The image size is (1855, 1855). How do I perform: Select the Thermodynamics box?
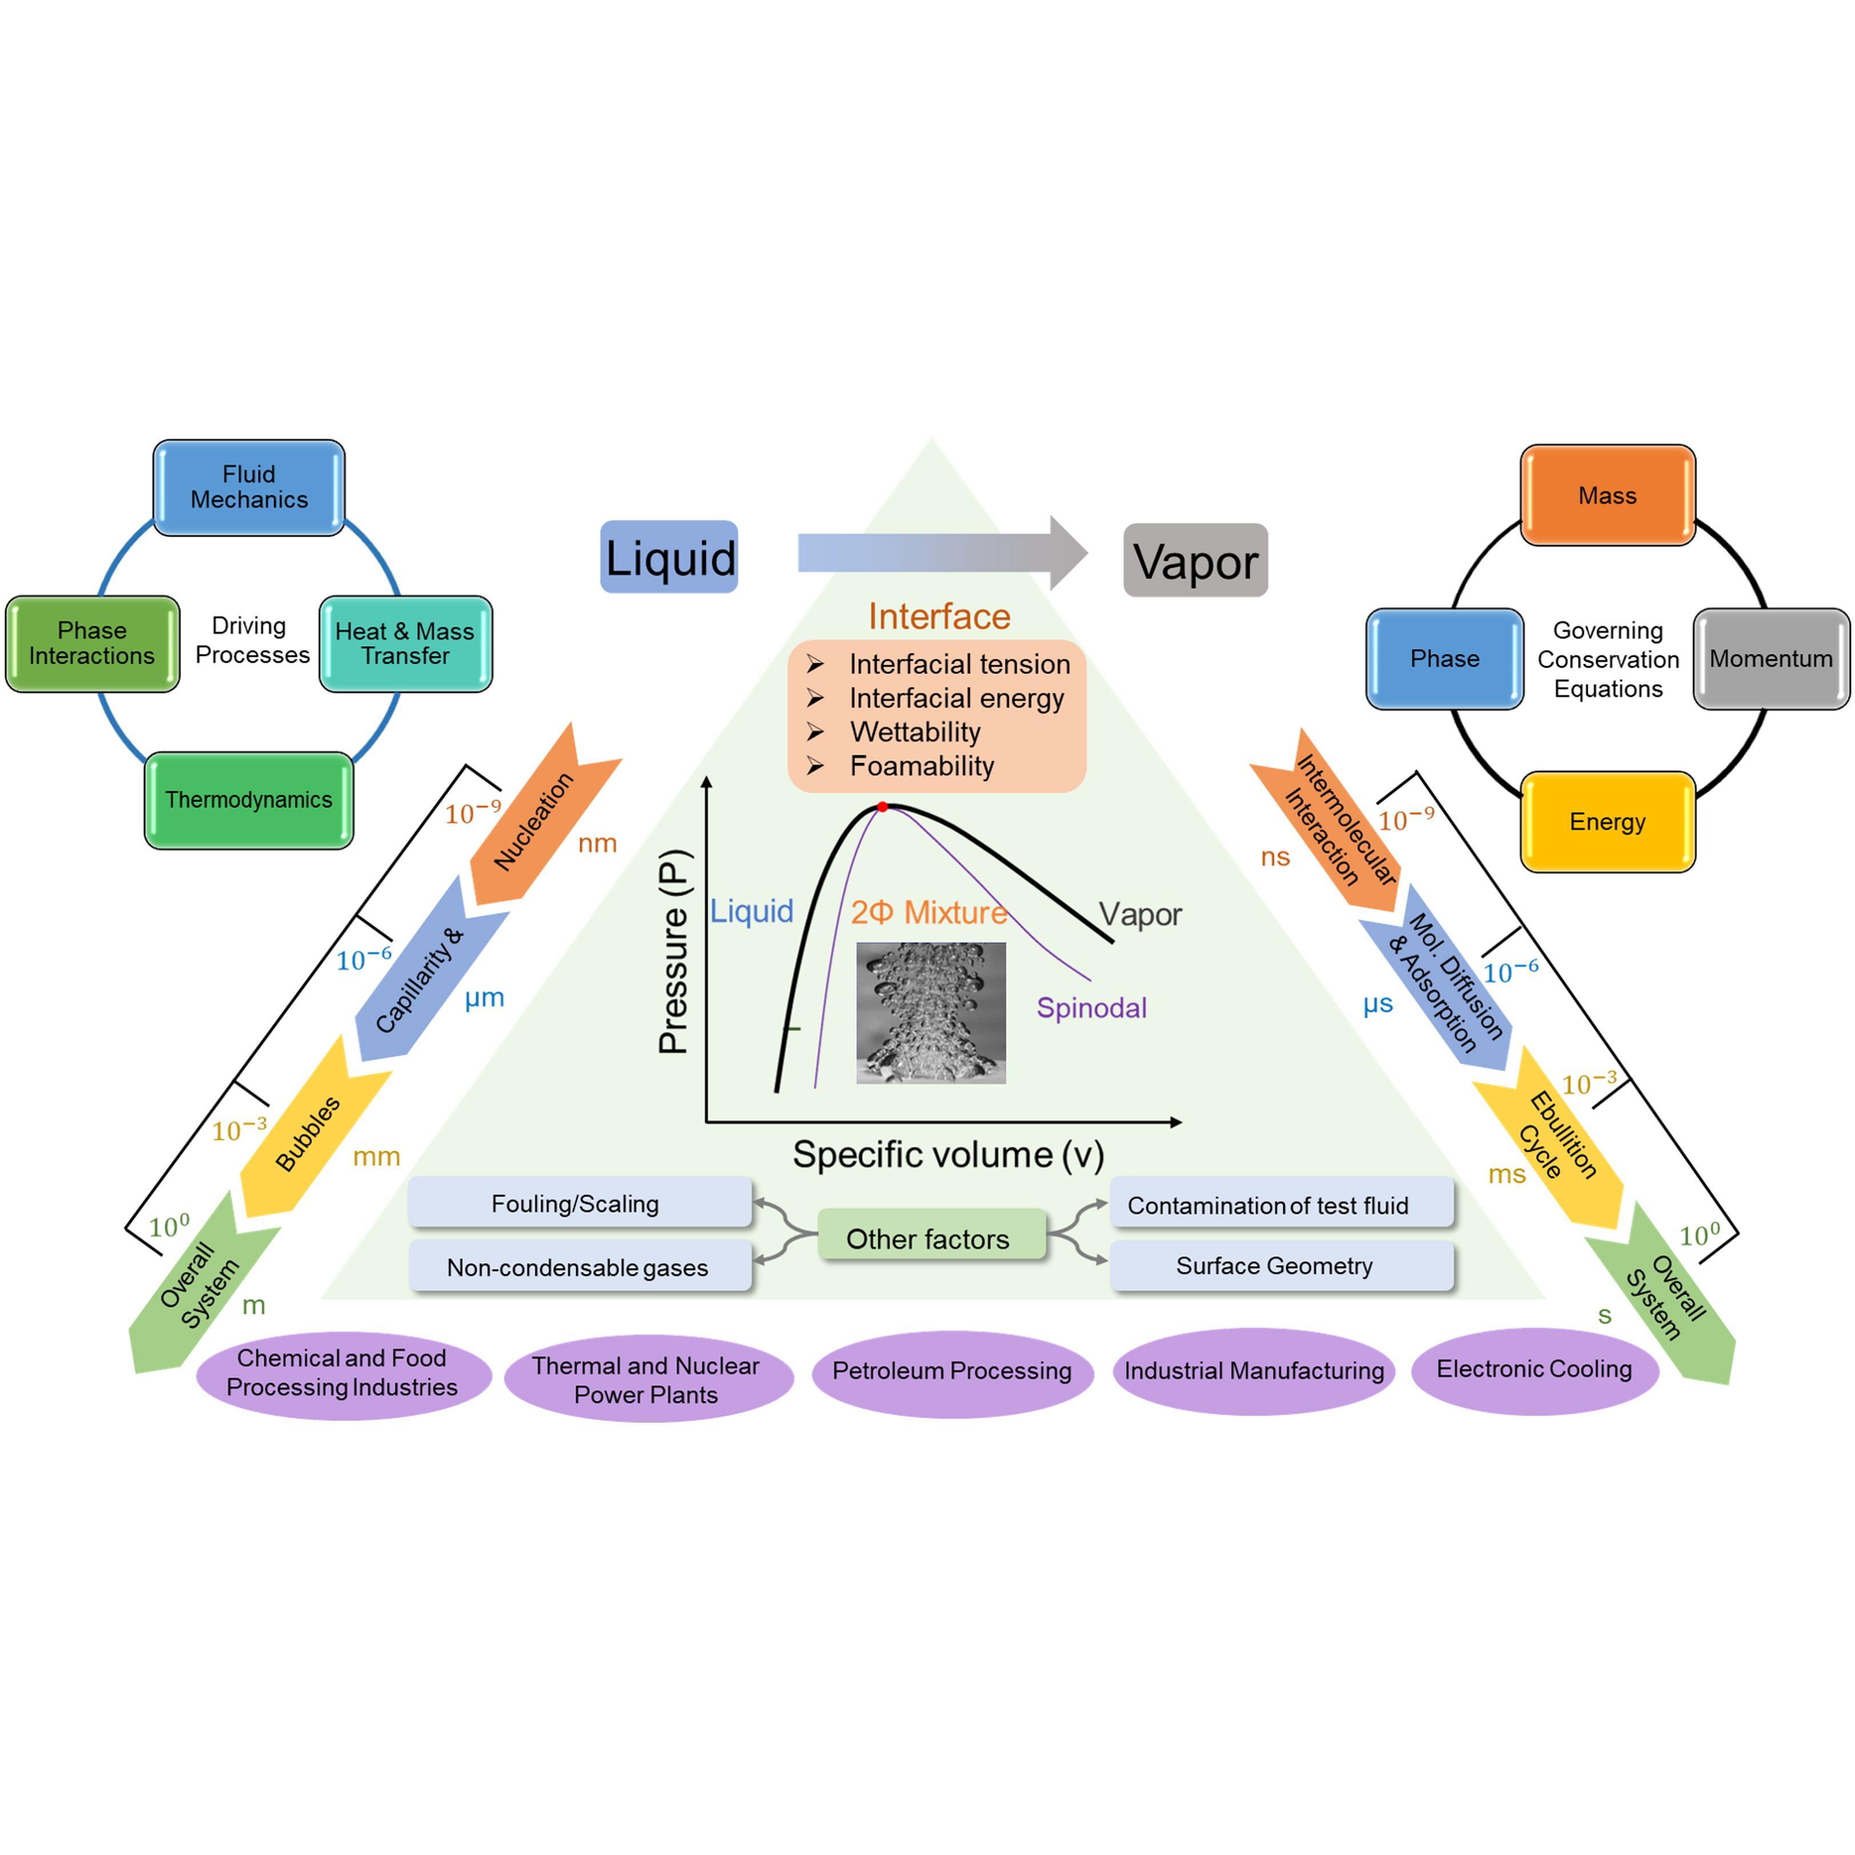coord(248,800)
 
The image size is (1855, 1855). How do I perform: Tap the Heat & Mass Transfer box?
coord(405,643)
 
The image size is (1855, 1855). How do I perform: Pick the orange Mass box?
coord(1607,495)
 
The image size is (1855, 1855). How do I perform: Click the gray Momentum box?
coord(1770,659)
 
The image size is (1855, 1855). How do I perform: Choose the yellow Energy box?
coord(1607,822)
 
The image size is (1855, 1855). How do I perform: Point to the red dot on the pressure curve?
coord(882,808)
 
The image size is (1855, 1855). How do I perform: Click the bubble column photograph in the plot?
coord(930,1013)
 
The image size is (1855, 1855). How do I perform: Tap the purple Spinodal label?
coord(1091,1008)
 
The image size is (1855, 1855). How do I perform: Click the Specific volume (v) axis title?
coord(947,1154)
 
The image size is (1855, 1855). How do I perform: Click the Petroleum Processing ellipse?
coord(951,1371)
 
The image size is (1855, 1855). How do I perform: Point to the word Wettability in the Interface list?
coord(915,733)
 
